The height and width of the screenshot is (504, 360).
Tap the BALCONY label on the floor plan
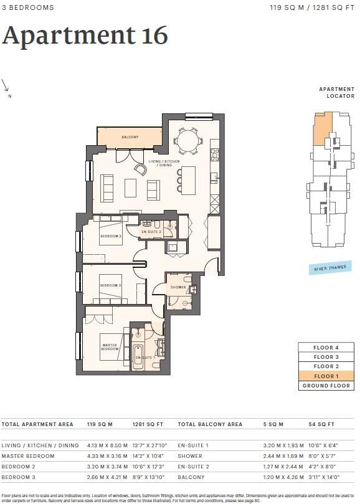[x=130, y=137]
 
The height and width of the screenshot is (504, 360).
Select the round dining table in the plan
[x=187, y=140]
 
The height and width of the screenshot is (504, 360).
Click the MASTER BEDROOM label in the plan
[x=110, y=348]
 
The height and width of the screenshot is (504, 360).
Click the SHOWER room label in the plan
[x=178, y=287]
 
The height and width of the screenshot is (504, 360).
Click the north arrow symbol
[x=6, y=85]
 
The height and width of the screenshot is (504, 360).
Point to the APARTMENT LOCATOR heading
[x=336, y=93]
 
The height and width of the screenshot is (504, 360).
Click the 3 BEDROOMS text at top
[x=27, y=7]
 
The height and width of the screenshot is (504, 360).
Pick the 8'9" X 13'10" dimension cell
[x=148, y=477]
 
